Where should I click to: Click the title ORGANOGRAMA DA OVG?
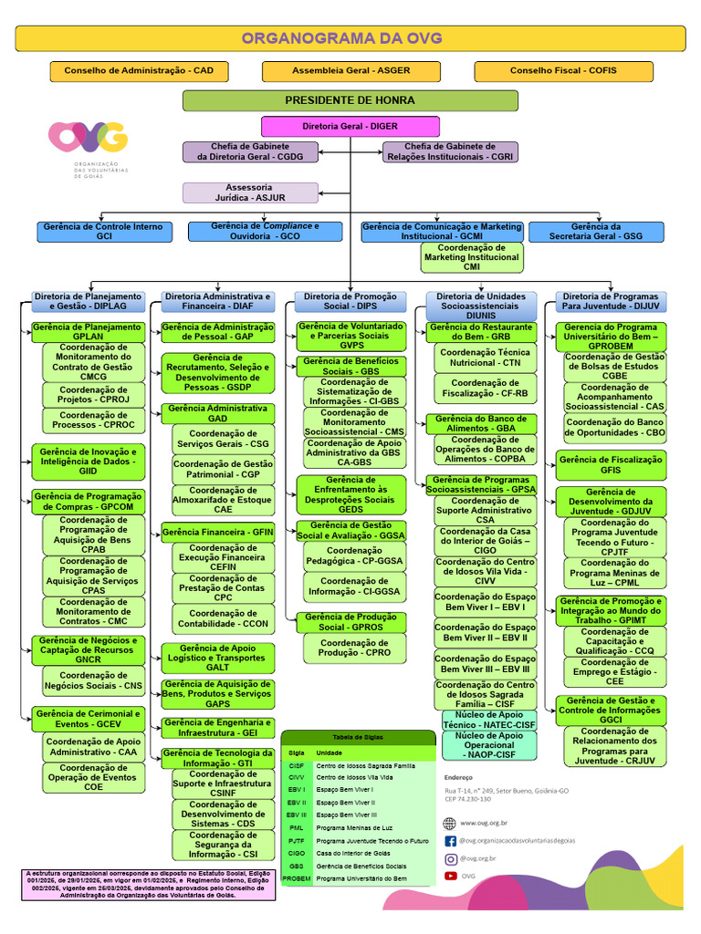pos(341,38)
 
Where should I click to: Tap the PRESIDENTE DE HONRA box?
pos(350,100)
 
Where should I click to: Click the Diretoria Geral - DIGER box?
pos(350,126)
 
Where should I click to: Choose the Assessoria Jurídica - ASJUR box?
pos(249,192)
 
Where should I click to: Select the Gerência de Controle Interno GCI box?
pos(104,231)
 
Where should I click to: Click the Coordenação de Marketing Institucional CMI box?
pos(472,257)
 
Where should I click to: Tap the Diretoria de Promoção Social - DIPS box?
pos(350,301)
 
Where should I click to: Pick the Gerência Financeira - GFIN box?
pos(217,532)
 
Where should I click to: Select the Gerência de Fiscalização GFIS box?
pos(611,465)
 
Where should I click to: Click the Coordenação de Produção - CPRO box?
pos(350,648)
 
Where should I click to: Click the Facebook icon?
pos(451,840)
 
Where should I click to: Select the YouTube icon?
pos(451,876)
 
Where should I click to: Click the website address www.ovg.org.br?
pos(485,823)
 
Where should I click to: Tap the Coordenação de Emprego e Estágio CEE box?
pos(614,675)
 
